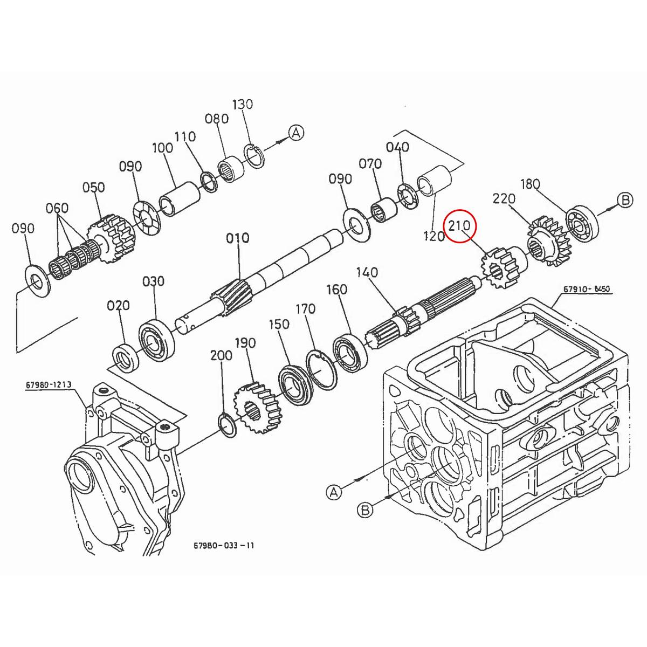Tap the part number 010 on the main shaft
click(x=238, y=238)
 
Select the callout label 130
click(x=242, y=104)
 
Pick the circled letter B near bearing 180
click(x=624, y=201)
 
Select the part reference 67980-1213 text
click(x=48, y=385)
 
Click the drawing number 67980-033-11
click(x=224, y=545)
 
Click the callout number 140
click(x=367, y=272)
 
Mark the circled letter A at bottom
click(x=334, y=492)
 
